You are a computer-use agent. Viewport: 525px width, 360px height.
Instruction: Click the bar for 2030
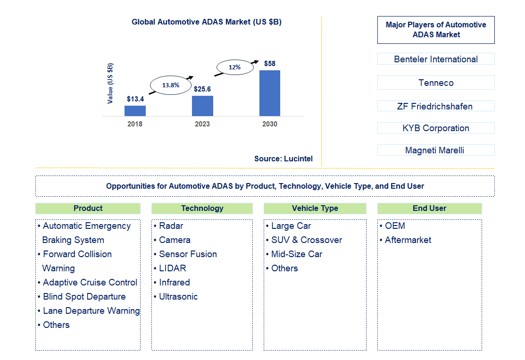269,93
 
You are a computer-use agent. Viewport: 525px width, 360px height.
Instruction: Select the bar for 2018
135,110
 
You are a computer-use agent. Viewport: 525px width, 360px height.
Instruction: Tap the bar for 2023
202,106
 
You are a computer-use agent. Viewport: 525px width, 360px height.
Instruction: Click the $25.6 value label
202,89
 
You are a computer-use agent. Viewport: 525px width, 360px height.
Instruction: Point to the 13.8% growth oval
170,85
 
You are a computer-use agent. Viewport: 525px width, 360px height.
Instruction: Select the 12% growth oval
234,67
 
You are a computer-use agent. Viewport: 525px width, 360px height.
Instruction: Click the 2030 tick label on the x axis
270,124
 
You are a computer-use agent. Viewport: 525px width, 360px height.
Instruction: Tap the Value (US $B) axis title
110,84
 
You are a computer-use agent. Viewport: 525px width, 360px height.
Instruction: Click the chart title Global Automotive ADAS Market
206,22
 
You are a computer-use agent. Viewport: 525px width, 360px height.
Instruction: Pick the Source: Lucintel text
283,159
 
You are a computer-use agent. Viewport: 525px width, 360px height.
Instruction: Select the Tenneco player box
436,83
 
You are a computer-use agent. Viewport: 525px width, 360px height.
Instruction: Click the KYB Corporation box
436,128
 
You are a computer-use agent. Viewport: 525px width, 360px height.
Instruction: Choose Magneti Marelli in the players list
436,151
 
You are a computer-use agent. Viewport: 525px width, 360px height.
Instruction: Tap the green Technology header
202,208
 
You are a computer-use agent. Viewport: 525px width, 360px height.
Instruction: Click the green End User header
429,208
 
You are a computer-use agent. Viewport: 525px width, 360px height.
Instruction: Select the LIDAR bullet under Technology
172,268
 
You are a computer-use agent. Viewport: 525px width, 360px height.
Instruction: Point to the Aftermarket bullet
408,240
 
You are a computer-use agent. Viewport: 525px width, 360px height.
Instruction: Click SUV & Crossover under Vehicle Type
306,240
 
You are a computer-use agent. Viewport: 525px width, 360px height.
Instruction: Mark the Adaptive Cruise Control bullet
90,282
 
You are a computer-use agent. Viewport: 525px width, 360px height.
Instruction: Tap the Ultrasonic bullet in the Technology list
178,296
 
